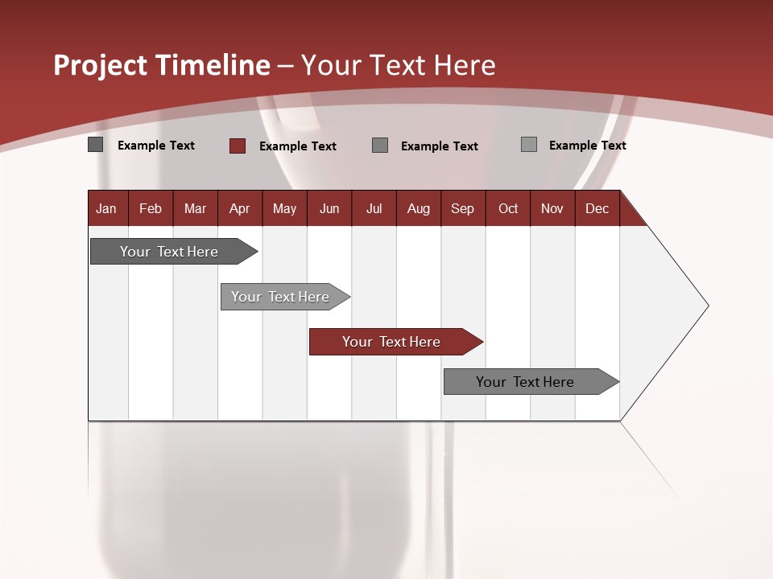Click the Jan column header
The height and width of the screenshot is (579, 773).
(x=107, y=208)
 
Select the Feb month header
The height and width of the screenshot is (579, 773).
(x=151, y=208)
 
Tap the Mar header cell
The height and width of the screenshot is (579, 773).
(x=195, y=208)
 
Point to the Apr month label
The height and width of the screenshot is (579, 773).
(x=240, y=208)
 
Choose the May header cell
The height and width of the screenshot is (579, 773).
(x=284, y=208)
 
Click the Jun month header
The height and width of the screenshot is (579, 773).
(x=329, y=208)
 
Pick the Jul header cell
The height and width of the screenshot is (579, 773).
(x=374, y=208)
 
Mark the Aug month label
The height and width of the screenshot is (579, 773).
(x=419, y=208)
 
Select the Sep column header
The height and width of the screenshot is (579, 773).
(x=463, y=208)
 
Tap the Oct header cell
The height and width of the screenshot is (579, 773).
(x=508, y=208)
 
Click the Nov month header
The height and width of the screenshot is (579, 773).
(x=552, y=208)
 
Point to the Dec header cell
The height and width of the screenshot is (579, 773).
(x=597, y=208)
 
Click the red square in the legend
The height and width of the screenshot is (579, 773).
(x=238, y=146)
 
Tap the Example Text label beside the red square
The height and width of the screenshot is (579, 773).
(x=298, y=146)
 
